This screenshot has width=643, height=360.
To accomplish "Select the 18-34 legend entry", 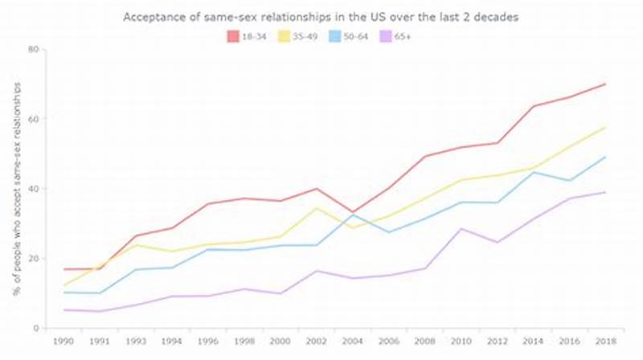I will pos(249,35).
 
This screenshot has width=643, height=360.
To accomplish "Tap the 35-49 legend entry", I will pos(301,35).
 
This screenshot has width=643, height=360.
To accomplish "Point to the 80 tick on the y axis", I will pos(34,49).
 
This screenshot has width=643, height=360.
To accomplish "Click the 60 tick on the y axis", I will pos(34,119).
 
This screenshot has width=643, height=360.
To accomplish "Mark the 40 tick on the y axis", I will pos(34,189).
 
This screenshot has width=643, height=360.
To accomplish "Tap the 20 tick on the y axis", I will pos(34,258).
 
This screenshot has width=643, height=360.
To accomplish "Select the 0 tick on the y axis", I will pos(37,328).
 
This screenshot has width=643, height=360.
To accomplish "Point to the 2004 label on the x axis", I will pos(352,342).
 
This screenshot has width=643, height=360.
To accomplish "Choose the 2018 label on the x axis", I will pos(604,342).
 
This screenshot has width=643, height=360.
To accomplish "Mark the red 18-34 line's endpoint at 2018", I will pos(604,84).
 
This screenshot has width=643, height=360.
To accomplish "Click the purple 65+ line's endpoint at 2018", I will pos(604,192).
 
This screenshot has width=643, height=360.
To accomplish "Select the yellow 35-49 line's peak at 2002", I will pos(317,208).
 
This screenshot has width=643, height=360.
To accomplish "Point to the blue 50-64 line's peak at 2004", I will pos(352,215).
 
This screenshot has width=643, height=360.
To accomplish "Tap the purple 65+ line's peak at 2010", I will pos(460,228).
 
